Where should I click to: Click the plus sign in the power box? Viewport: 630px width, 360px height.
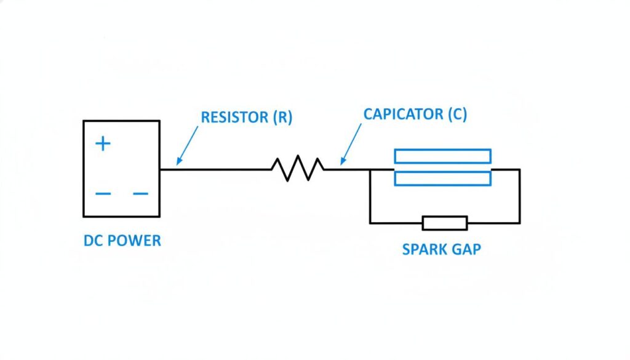coord(103,144)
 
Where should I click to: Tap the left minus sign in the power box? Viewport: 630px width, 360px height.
coord(103,194)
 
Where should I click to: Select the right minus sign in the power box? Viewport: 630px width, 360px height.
coord(141,194)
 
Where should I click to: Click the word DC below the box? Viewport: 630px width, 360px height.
coord(94,241)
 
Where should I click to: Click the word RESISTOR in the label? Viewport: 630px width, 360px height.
coord(234,118)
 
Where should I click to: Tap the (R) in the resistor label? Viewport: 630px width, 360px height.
coord(282,118)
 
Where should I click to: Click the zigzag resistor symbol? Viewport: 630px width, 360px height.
coord(298,169)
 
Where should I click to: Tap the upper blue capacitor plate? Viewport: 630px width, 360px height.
coord(442,156)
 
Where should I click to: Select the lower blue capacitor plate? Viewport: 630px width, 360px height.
coord(442,178)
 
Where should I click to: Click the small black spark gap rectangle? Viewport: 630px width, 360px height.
coord(444,223)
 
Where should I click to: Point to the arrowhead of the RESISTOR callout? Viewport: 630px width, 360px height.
coord(177,164)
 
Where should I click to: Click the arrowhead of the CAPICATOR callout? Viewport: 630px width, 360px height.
coord(342,164)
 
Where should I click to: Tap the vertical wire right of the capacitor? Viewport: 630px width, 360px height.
coord(520,196)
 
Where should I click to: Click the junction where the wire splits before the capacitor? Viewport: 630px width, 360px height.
coord(370,169)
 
